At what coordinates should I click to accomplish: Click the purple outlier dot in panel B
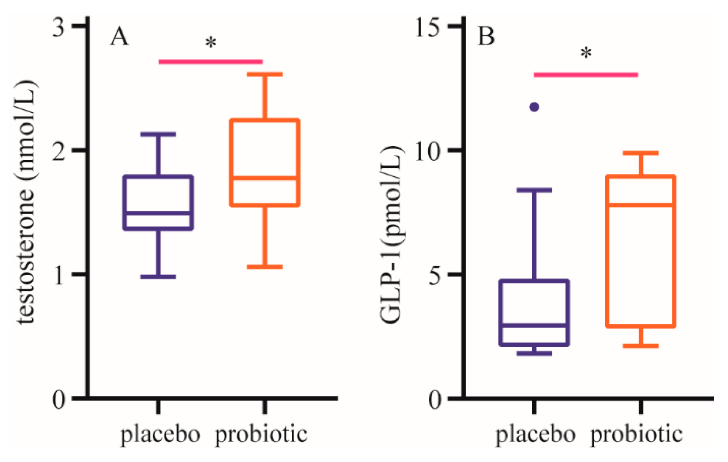point(534,107)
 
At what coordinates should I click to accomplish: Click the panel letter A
point(119,37)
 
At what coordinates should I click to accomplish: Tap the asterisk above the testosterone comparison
point(211,43)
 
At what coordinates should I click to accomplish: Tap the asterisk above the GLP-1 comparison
point(586,54)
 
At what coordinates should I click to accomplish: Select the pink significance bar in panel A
point(211,62)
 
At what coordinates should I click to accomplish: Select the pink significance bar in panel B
point(586,75)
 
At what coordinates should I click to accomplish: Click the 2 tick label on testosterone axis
point(59,151)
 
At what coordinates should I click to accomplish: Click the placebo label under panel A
point(160,434)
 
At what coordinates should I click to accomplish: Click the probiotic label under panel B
point(636,434)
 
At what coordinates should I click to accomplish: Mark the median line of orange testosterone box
point(265,178)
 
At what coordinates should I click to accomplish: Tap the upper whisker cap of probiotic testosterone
point(265,75)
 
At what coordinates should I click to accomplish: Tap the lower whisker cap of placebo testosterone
point(158,277)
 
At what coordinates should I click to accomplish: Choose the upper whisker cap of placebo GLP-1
point(534,190)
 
